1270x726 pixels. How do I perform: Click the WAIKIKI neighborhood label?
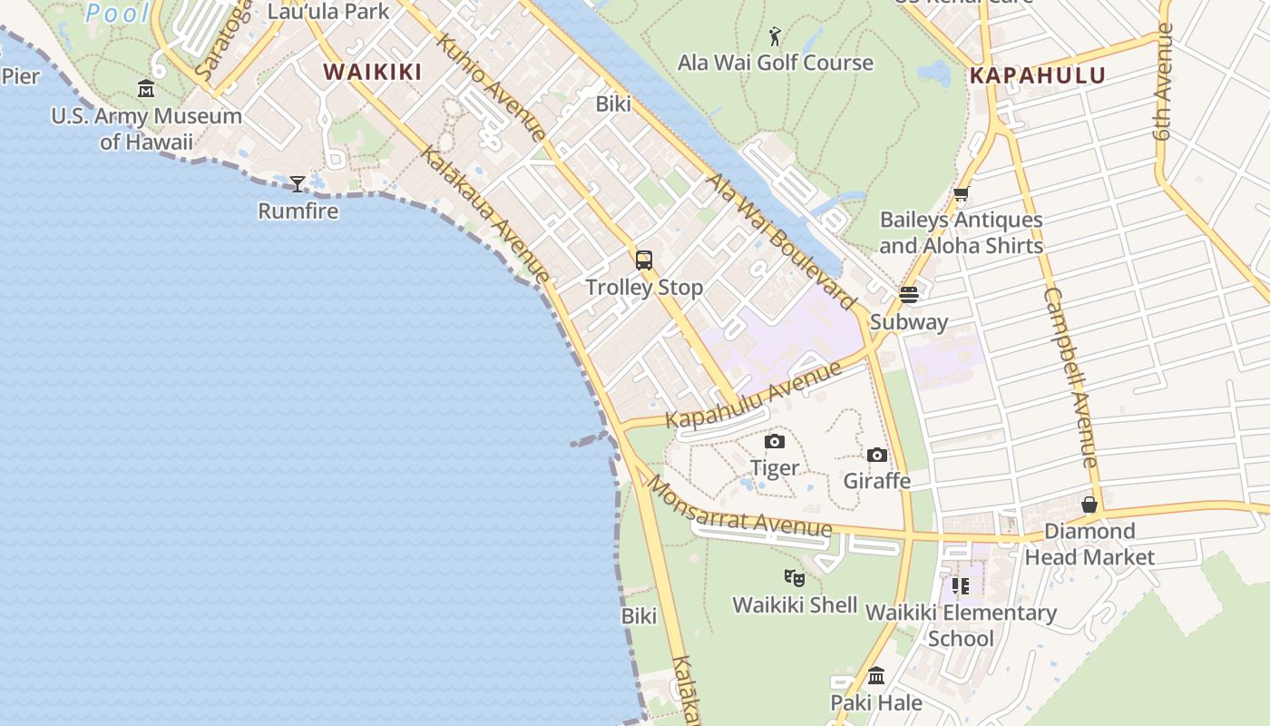click(x=373, y=72)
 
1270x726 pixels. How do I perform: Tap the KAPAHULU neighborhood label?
click(x=1038, y=75)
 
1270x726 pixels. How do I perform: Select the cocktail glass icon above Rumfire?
click(x=298, y=184)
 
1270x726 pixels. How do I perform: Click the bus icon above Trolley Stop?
click(x=644, y=260)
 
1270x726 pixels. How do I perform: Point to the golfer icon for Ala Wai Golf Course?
click(x=775, y=36)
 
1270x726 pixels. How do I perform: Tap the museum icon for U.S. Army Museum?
click(x=146, y=89)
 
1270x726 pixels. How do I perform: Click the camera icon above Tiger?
click(x=775, y=441)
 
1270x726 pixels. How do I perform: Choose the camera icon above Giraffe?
click(x=876, y=455)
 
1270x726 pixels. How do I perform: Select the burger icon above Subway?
click(x=908, y=295)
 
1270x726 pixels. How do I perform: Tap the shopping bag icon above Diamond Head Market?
click(x=1089, y=505)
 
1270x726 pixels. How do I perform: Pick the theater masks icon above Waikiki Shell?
click(x=795, y=577)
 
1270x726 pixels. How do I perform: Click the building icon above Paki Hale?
click(x=876, y=676)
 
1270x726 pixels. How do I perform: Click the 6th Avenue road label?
click(x=1164, y=82)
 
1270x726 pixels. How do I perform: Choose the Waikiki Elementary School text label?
click(x=961, y=625)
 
